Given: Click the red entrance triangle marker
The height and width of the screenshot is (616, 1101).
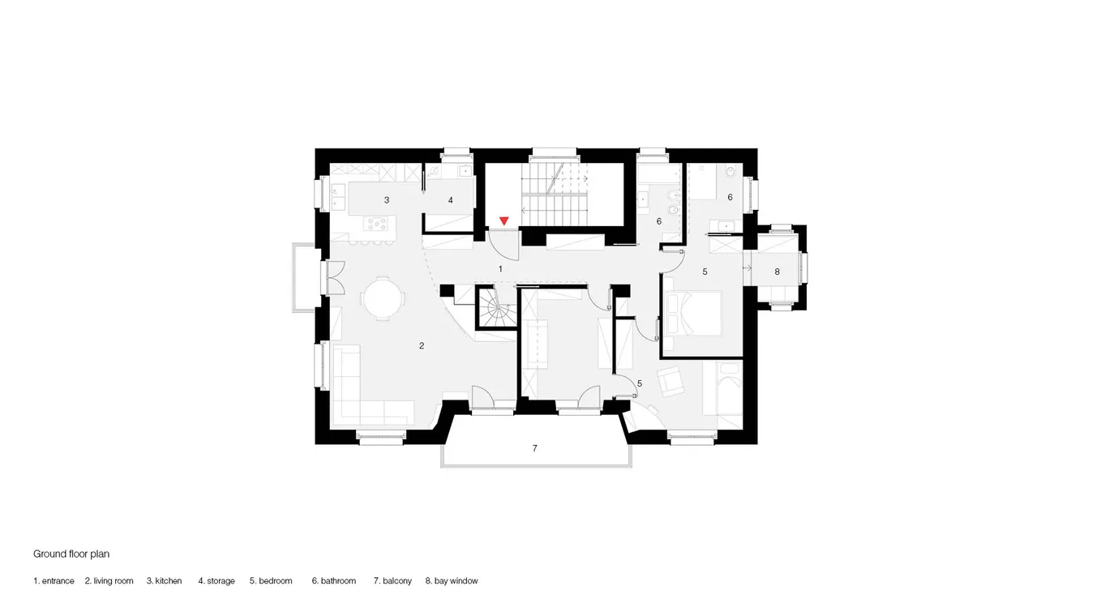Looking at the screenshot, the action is point(503,221).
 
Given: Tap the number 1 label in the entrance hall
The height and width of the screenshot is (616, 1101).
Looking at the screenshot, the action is point(500,269).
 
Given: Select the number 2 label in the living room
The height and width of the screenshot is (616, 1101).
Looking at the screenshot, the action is point(422,346).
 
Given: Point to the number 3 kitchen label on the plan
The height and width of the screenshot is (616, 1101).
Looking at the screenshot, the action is point(387,200).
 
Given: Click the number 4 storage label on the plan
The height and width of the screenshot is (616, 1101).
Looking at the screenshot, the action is point(450,200).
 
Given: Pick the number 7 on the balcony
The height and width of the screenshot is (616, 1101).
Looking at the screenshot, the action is point(535,448).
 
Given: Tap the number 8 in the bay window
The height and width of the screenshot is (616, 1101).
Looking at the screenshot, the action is point(777,272).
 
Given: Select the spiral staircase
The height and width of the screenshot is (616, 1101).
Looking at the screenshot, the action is point(497,308).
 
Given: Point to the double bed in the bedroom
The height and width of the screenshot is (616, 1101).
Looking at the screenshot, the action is point(693,314).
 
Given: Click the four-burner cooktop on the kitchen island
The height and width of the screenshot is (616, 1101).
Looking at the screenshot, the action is point(375,224).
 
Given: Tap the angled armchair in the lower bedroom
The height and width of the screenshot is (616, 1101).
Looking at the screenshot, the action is point(670,381).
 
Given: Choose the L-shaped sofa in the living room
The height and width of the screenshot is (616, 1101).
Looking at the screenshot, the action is point(366,385).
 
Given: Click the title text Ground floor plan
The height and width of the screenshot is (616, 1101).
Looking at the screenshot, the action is point(71,554).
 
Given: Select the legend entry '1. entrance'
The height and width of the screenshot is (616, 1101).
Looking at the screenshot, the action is point(54,580).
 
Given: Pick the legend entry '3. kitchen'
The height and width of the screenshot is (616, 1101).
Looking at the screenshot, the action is point(164,580).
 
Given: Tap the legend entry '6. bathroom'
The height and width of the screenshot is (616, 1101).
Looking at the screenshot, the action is point(334,580).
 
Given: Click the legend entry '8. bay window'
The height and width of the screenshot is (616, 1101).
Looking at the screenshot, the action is point(452,580).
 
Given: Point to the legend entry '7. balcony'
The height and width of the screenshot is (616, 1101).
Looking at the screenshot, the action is point(392,580).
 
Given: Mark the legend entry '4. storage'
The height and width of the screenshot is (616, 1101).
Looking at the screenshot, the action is point(216,580).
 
